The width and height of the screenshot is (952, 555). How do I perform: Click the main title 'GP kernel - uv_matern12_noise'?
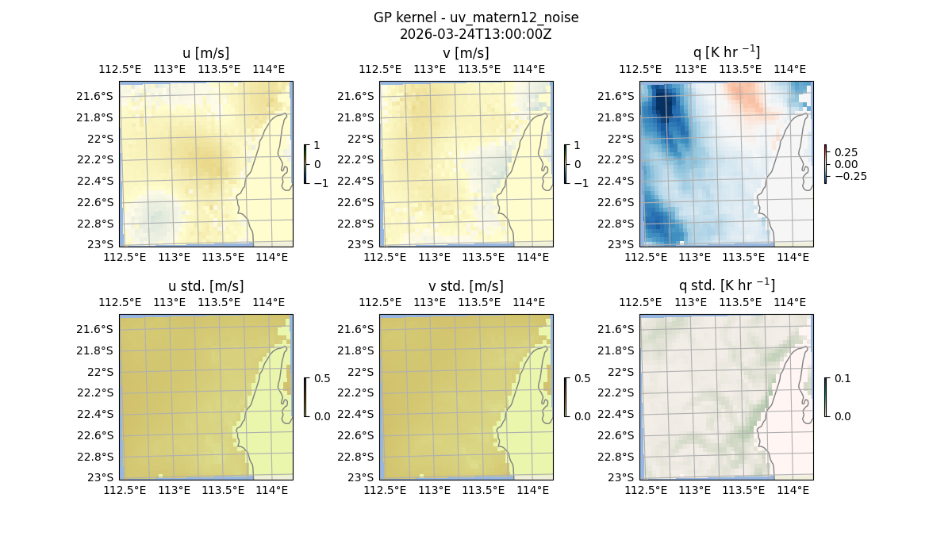click(x=476, y=17)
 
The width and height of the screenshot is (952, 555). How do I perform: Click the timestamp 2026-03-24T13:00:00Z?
click(x=476, y=34)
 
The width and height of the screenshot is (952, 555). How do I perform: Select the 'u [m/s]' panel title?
click(x=205, y=53)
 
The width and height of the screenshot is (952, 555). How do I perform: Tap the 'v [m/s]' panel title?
click(x=466, y=53)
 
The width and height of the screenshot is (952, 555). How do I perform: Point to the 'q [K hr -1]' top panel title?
click(x=726, y=53)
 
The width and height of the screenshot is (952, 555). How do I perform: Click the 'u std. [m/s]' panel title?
click(x=205, y=286)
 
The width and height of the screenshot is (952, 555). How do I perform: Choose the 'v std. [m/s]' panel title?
click(x=466, y=286)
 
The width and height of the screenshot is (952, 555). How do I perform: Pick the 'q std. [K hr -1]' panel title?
click(x=726, y=286)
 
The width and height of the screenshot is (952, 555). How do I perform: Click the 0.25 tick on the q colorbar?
click(x=845, y=152)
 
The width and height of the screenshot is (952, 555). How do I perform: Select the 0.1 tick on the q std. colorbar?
click(x=841, y=379)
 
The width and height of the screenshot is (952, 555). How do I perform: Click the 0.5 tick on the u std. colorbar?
click(x=322, y=379)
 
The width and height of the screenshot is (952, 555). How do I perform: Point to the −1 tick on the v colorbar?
click(x=581, y=183)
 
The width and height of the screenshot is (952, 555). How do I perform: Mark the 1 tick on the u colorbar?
click(x=317, y=146)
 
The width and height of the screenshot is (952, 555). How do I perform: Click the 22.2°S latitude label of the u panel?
click(x=99, y=159)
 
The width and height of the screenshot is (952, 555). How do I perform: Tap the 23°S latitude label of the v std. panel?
click(x=360, y=477)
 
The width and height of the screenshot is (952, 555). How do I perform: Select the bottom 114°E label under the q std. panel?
click(x=793, y=490)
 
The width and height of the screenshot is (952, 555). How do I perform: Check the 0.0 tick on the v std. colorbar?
click(x=582, y=416)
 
